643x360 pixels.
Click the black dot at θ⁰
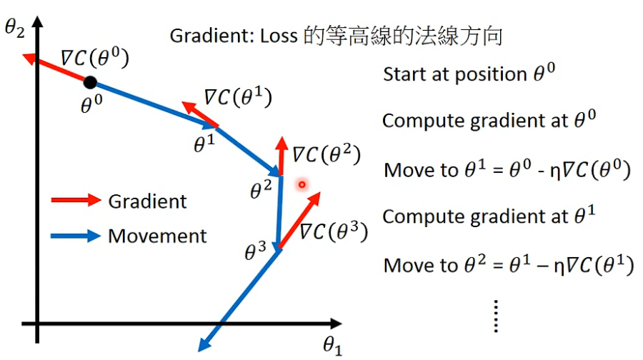click(90, 82)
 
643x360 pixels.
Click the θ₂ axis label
click(16, 29)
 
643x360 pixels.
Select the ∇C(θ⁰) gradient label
click(94, 59)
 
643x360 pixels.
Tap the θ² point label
click(261, 190)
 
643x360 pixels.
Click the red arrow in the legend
click(75, 201)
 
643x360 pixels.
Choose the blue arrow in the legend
click(75, 236)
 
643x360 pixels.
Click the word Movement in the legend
click(157, 236)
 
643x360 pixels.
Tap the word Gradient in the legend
click(147, 201)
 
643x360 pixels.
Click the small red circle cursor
click(301, 184)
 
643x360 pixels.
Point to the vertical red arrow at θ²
click(280, 154)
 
